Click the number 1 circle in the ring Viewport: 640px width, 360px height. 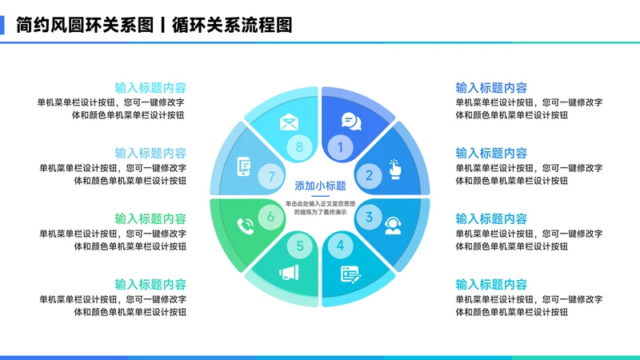tap(340, 146)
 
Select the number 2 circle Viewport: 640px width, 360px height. tap(369, 174)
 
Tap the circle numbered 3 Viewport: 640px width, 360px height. tap(369, 216)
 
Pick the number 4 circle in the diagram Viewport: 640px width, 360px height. tap(340, 246)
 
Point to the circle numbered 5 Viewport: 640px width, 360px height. tap(300, 246)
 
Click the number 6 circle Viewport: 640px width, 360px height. tap(271, 216)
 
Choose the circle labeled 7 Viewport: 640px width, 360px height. tap(271, 176)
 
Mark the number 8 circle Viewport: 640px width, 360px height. tap(300, 146)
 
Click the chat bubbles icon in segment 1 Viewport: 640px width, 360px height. tap(351, 122)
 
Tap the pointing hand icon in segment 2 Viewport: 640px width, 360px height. tap(394, 168)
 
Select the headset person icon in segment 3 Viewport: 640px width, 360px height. tap(393, 226)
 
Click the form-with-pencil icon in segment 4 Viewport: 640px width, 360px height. tap(350, 274)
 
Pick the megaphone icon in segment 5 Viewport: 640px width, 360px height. tap(288, 273)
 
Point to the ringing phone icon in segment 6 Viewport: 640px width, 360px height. tap(246, 226)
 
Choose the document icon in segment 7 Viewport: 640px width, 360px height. tap(245, 168)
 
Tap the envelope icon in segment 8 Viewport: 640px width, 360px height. tap(288, 123)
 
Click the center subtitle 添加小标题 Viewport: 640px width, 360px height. tap(320, 186)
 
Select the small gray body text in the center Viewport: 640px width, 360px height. tap(320, 207)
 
